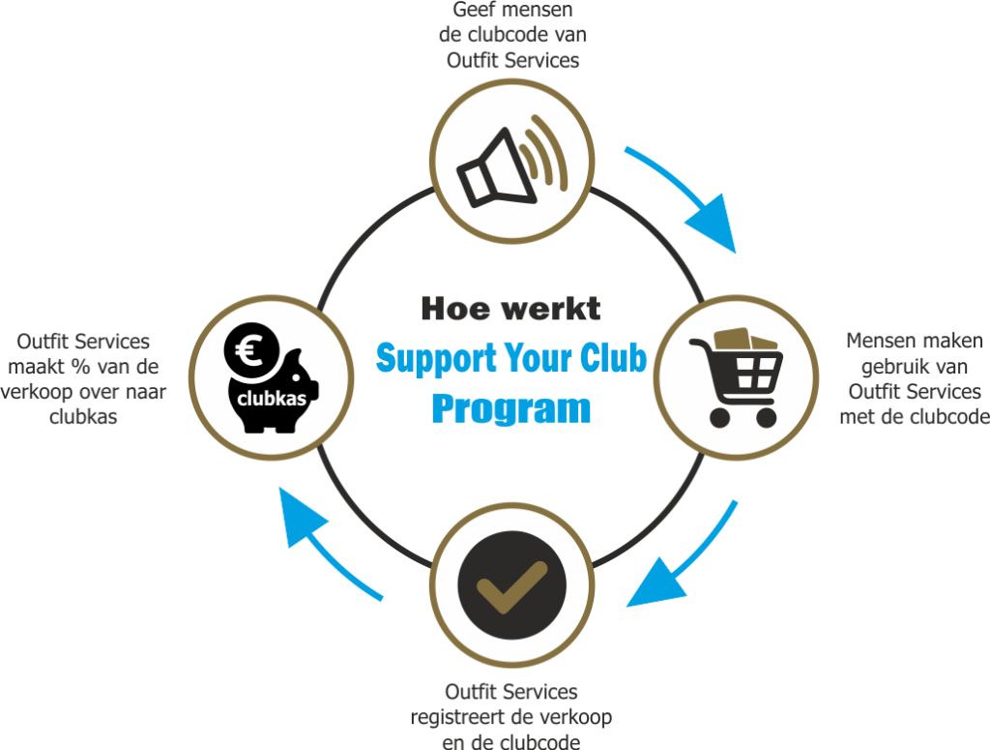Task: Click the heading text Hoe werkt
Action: click(510, 309)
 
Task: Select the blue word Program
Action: click(510, 407)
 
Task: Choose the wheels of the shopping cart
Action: click(742, 417)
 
